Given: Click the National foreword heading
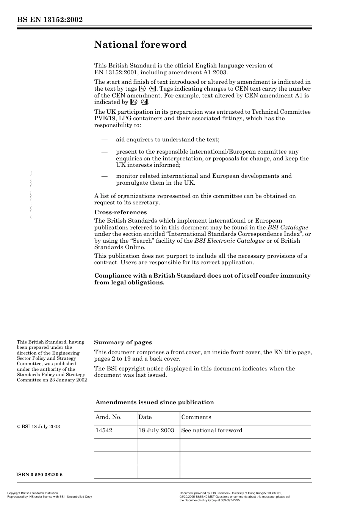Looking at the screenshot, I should click(140, 45).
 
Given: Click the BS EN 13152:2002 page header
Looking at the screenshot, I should click(50, 20).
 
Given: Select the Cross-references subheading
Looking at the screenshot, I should click(121, 212).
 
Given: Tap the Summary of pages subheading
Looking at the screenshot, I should click(123, 342).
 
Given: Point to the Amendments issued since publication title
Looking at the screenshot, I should click(155, 402).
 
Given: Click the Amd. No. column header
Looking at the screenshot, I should click(108, 417).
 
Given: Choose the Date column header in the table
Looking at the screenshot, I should click(145, 417).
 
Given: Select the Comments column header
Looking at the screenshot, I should click(196, 417).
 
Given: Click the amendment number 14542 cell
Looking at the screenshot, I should click(104, 430).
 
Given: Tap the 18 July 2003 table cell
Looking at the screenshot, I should click(156, 430).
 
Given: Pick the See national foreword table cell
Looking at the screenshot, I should click(211, 430).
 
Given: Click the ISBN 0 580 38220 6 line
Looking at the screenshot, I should click(40, 475).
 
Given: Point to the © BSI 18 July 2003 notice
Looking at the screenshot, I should click(38, 427).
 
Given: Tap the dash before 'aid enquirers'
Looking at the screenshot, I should click(105, 140).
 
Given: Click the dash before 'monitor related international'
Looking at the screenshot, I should click(105, 176).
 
